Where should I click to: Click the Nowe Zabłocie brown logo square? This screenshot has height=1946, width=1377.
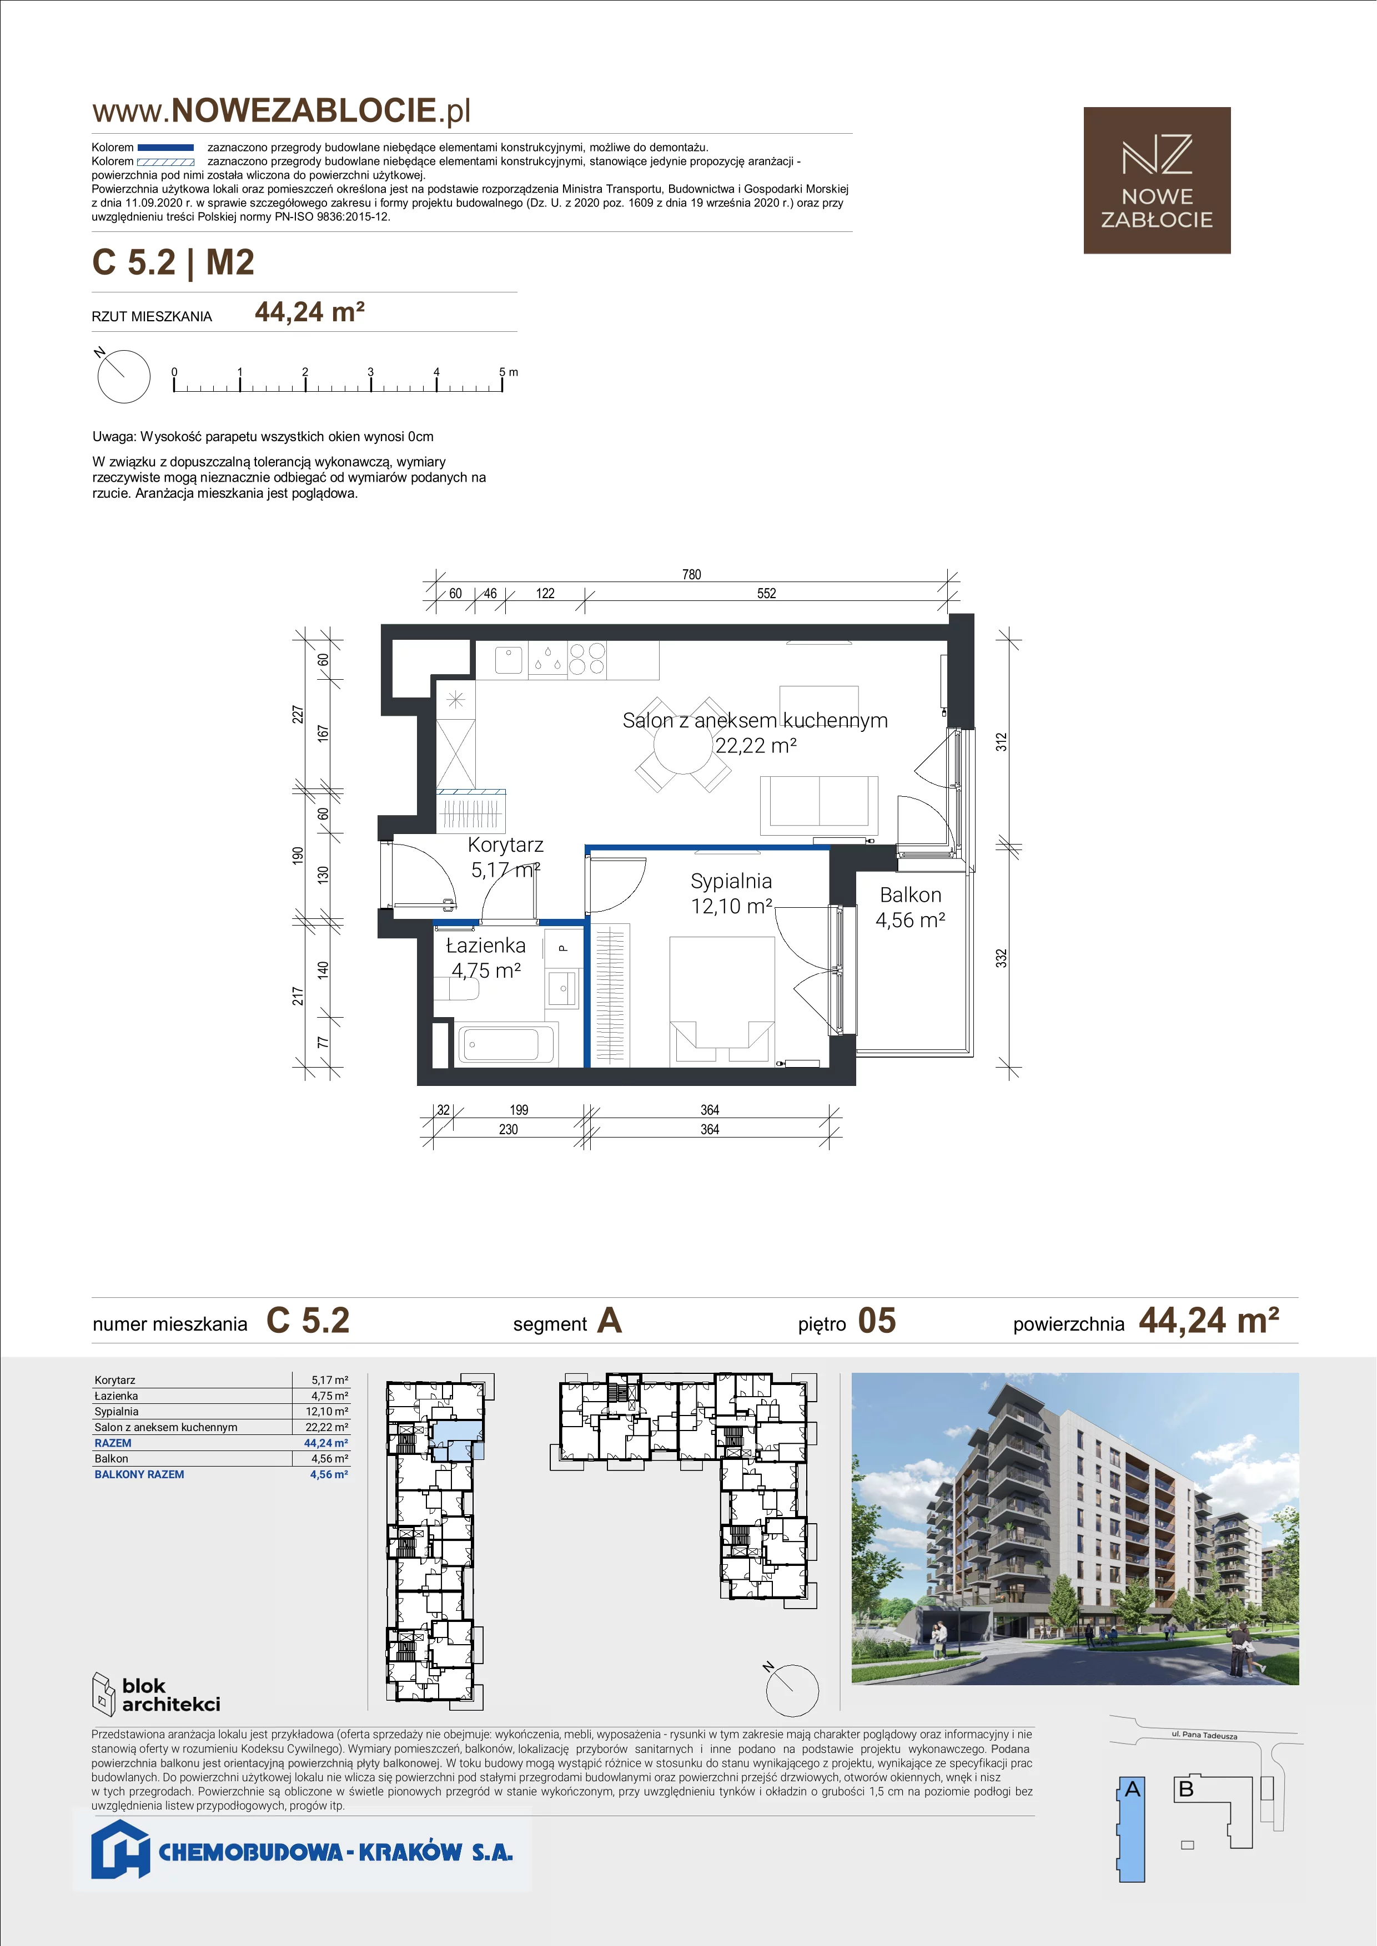tap(1157, 180)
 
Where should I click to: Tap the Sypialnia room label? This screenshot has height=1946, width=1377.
tap(731, 881)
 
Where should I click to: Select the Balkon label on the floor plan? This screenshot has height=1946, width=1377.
tap(911, 895)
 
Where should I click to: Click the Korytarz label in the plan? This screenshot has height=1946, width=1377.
tap(505, 845)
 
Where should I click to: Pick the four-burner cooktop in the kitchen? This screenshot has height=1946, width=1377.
tap(587, 659)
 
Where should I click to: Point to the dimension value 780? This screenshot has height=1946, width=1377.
tap(692, 575)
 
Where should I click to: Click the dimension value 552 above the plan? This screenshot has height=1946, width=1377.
tap(766, 593)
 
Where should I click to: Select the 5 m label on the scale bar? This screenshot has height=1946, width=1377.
tap(509, 372)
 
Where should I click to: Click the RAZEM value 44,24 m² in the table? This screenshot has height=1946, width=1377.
tap(326, 1443)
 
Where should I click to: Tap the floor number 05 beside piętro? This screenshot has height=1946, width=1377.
tap(877, 1321)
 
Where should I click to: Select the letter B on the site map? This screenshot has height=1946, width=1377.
tap(1186, 1788)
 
